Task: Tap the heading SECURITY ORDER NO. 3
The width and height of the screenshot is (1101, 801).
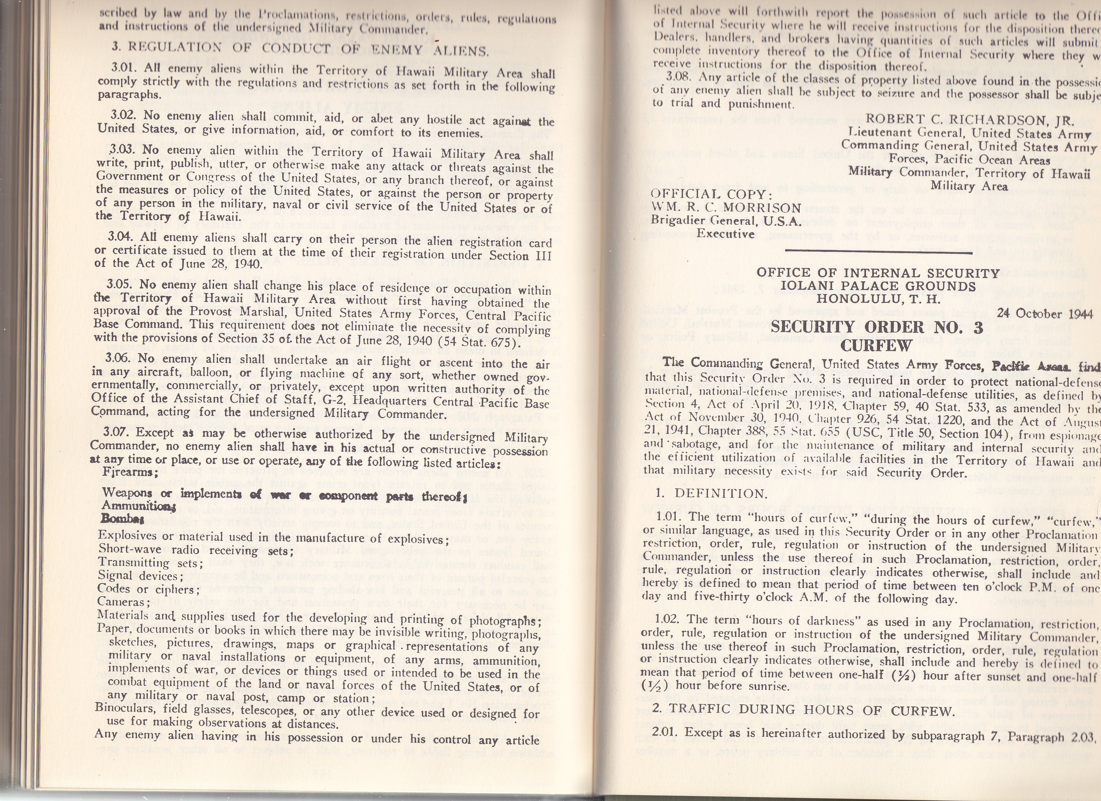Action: (877, 327)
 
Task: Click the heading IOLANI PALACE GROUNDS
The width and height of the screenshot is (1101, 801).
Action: (878, 287)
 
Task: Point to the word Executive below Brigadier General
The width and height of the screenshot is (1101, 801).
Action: (725, 234)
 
